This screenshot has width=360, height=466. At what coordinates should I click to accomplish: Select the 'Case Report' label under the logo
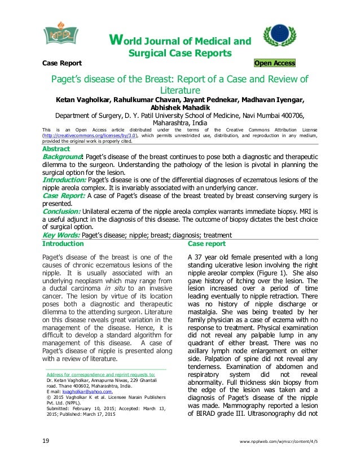[63, 63]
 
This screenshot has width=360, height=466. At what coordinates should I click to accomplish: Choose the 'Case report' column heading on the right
[206, 244]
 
